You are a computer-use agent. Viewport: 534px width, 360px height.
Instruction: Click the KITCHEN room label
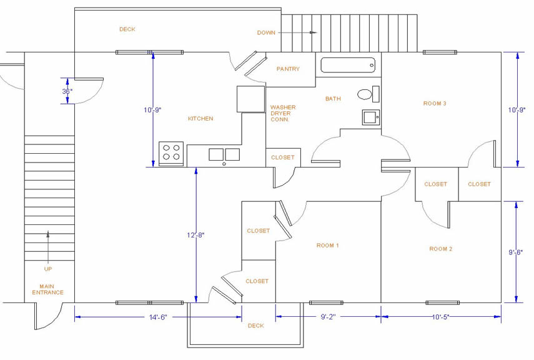coord(200,118)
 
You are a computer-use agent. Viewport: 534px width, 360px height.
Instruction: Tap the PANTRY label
coord(288,69)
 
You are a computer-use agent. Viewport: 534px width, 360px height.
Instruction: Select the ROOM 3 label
coord(435,103)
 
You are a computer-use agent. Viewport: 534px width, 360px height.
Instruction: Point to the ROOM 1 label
coord(327,246)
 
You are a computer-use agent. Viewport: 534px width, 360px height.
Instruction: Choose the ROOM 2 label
coord(440,249)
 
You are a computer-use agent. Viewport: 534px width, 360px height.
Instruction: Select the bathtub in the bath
coord(348,65)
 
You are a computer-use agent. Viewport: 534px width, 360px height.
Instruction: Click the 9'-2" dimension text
coord(329,317)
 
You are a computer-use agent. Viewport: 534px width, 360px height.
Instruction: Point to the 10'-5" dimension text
coord(441,317)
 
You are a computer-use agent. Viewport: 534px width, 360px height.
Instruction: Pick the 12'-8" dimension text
coord(195,235)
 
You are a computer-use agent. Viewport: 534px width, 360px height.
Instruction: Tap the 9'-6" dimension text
coord(516,252)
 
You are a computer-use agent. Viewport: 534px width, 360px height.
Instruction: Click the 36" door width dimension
coord(67,91)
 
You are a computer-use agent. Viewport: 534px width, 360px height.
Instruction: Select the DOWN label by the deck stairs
coord(266,32)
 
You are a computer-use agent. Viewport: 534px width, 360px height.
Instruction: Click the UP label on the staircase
coord(48,269)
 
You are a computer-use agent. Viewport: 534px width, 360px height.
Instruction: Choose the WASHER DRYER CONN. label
coord(283,113)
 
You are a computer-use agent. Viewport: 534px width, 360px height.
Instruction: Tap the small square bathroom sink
coord(370,117)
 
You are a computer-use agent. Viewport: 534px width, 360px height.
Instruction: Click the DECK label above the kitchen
coord(127,29)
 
